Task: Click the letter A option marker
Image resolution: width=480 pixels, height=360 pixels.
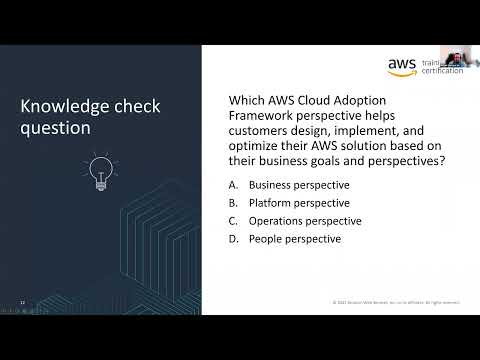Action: [233, 185]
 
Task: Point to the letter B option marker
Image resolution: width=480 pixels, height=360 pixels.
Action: [233, 203]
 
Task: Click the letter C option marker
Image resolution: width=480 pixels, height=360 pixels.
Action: [233, 221]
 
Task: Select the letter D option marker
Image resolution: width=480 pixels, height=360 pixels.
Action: [233, 239]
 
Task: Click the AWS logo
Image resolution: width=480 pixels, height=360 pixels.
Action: [401, 66]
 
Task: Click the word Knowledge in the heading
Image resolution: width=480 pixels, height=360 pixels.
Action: [62, 107]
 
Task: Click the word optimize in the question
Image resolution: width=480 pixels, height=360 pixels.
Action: [257, 145]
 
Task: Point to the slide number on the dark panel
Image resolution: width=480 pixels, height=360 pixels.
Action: [23, 300]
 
